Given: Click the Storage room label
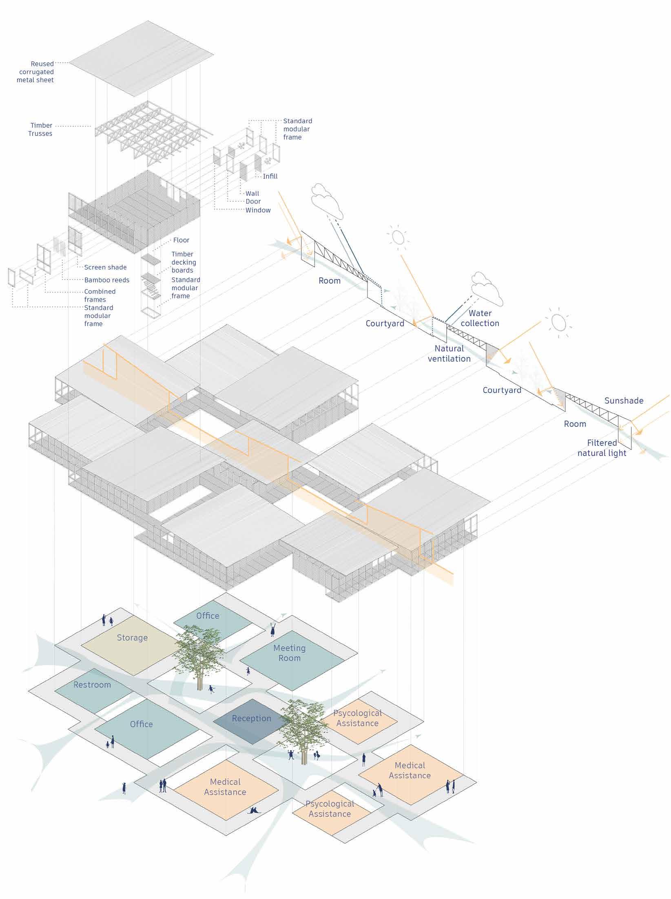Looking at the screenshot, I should coord(132,638).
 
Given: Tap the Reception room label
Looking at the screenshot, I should coord(251,718).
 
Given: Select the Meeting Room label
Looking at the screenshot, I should coord(289,653).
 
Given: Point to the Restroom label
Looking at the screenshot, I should coord(92,685).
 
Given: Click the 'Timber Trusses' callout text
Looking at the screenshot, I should coord(41,129).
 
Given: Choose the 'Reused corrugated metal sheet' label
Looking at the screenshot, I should coord(36,72).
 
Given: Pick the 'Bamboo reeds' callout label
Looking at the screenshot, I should coord(106,280).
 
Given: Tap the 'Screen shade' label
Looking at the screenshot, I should coord(105,267).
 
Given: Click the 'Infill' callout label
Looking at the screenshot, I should coord(270,176).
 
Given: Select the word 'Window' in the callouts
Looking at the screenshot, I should coord(258,210).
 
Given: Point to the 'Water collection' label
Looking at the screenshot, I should coord(480,318).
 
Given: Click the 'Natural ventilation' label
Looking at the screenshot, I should coord(449,353).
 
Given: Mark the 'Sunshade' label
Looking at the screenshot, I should coord(624,401).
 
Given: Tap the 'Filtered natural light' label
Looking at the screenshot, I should coord(602,447).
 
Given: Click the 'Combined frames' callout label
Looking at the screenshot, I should coord(100,295).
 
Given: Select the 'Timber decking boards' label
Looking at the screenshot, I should coord(184,262).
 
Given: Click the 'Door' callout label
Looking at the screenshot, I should coord(253,201).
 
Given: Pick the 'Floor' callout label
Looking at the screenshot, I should coord(181,240).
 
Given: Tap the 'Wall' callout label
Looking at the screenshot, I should coord(252,193).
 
